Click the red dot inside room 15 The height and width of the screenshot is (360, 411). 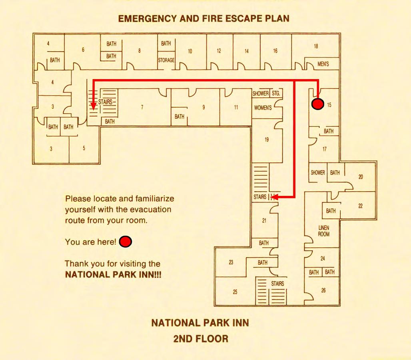click(x=317, y=104)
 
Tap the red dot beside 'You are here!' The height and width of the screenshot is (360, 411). click(x=126, y=242)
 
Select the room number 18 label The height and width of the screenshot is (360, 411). click(x=316, y=46)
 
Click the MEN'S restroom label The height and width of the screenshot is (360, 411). click(x=323, y=64)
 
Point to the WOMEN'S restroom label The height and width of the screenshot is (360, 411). click(x=263, y=108)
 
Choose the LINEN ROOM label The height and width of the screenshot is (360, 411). click(x=324, y=231)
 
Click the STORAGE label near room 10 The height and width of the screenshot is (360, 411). click(x=166, y=60)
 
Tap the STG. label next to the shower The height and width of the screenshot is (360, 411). click(x=276, y=94)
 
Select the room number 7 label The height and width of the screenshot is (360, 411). click(x=142, y=107)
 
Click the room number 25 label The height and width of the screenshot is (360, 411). click(x=235, y=292)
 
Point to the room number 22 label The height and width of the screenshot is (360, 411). click(x=360, y=206)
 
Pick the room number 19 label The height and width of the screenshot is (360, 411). click(x=267, y=140)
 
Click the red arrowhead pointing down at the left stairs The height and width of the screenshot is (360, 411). click(x=93, y=106)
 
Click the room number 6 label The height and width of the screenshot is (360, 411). click(x=83, y=50)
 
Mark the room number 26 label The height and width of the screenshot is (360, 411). click(x=323, y=290)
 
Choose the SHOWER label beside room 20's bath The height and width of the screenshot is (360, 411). click(x=318, y=173)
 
